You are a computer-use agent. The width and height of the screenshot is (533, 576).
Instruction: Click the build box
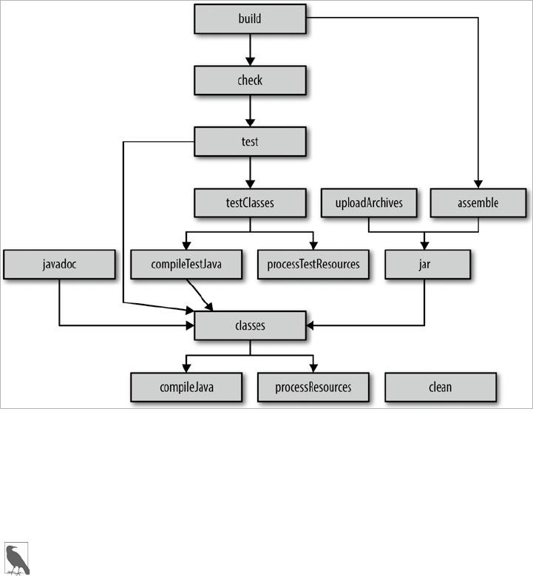[250, 18]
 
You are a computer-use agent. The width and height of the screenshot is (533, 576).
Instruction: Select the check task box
[250, 80]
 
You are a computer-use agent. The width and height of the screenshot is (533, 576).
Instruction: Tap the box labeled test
[250, 141]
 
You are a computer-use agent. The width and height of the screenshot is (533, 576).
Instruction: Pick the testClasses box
[250, 203]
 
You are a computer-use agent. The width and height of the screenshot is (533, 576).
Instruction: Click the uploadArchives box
[369, 203]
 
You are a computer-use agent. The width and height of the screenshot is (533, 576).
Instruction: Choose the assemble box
[478, 203]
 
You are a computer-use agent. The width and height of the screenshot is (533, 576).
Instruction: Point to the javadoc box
[59, 264]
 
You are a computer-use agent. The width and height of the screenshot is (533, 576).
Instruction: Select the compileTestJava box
[186, 264]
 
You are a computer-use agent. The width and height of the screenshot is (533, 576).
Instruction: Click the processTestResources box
[313, 264]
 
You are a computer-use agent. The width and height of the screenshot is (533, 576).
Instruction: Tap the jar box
[427, 264]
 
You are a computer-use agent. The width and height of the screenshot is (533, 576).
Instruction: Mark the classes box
[250, 325]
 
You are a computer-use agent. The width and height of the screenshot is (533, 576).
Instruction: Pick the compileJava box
[186, 387]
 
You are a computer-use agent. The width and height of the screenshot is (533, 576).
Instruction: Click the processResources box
[313, 387]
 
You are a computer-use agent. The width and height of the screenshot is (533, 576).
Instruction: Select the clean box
[441, 387]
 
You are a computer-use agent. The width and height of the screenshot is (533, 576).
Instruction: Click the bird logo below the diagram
[16, 559]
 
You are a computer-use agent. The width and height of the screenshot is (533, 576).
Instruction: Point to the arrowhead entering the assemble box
[478, 184]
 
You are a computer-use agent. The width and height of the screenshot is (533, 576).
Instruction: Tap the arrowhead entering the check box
[250, 61]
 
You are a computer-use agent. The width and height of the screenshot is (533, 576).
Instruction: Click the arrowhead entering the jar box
[424, 245]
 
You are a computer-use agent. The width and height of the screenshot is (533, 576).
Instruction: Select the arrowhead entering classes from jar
[310, 325]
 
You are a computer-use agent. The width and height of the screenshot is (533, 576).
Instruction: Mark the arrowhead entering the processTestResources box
[313, 245]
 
